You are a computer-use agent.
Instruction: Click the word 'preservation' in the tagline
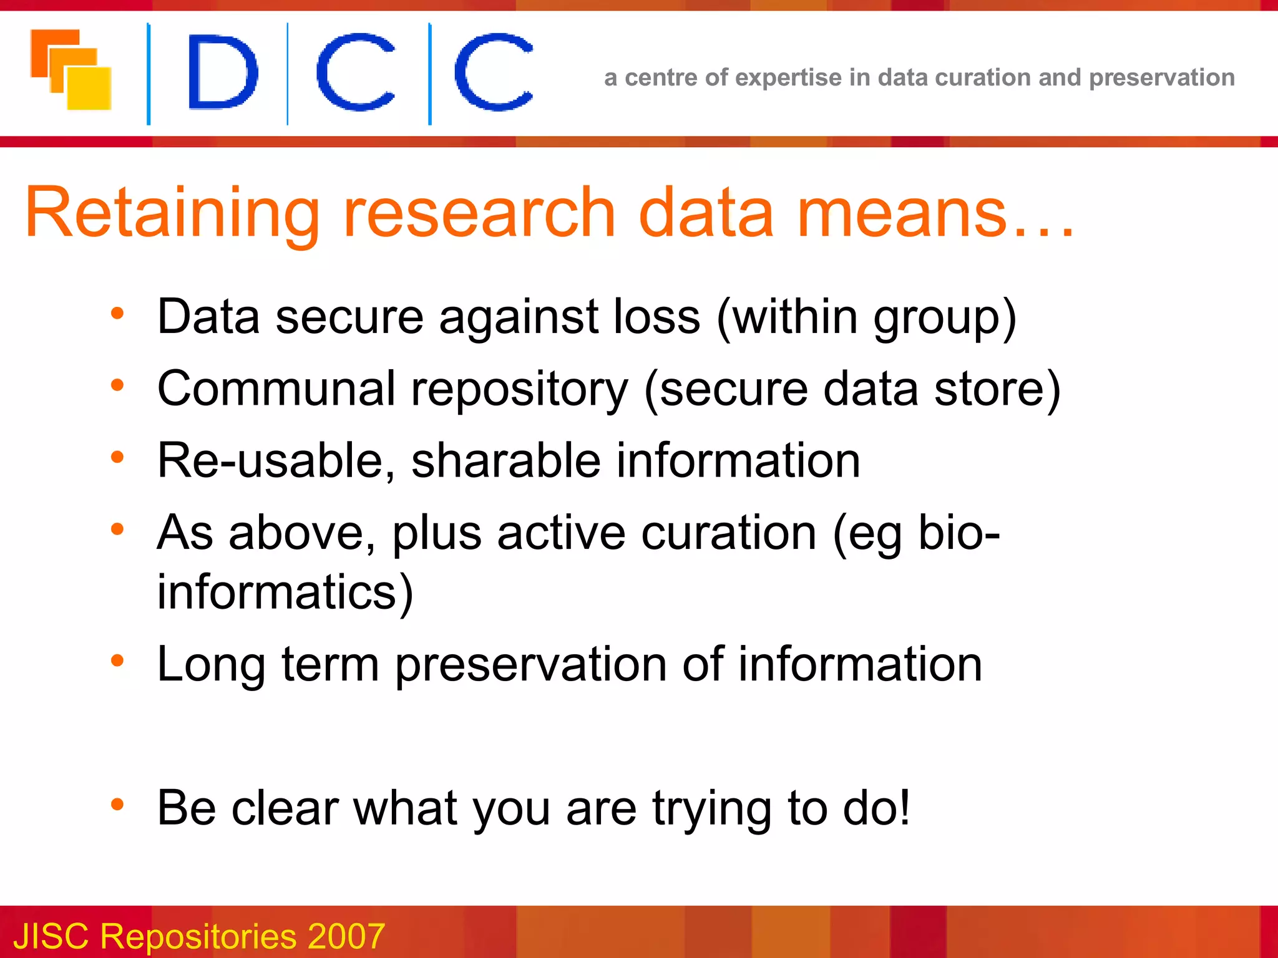(x=1161, y=78)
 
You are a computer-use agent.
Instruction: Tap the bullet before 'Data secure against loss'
(x=117, y=313)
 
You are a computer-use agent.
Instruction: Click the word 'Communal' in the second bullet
(x=276, y=389)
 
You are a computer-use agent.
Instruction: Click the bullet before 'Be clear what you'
(x=117, y=805)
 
